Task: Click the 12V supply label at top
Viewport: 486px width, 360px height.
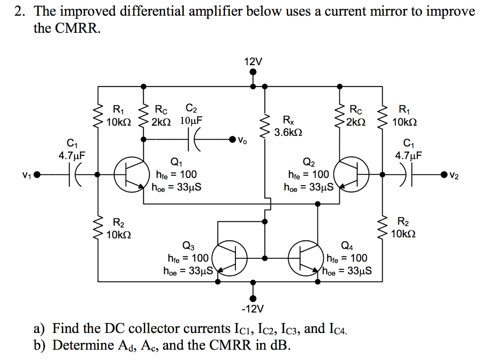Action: point(252,62)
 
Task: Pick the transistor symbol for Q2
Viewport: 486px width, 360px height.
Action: point(351,175)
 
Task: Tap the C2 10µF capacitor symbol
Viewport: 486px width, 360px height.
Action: point(194,140)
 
